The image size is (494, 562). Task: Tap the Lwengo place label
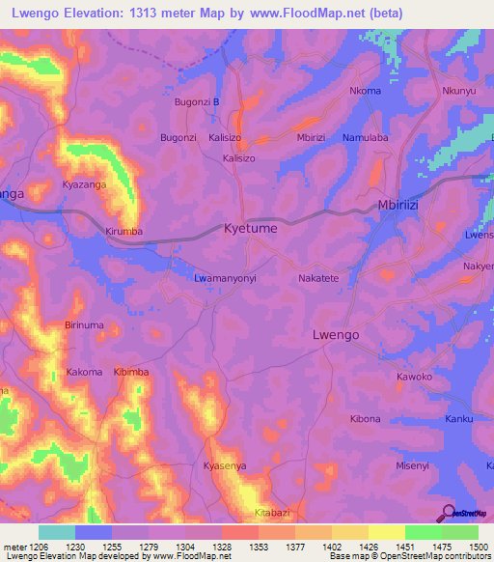click(337, 334)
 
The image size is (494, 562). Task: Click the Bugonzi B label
click(197, 101)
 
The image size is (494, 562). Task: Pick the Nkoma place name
click(365, 92)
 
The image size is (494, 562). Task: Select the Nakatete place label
click(318, 277)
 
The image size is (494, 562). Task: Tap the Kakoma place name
click(84, 372)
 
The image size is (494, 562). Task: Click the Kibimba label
click(131, 372)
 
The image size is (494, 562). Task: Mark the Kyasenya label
click(225, 465)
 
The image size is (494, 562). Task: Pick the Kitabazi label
click(271, 512)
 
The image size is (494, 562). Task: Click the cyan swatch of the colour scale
click(57, 532)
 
